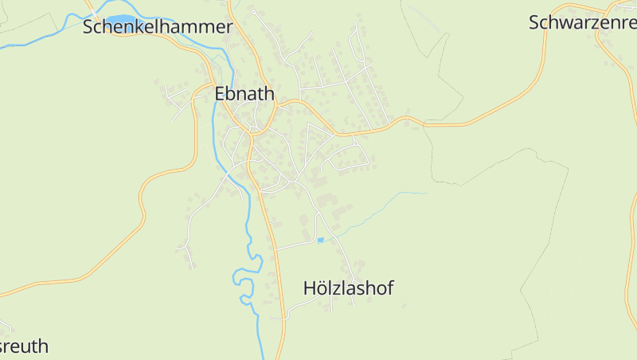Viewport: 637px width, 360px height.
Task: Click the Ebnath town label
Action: (x=244, y=94)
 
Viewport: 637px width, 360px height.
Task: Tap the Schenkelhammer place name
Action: (x=158, y=27)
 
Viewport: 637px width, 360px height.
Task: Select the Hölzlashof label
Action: (x=349, y=289)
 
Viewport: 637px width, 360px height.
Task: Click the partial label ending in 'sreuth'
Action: (x=25, y=346)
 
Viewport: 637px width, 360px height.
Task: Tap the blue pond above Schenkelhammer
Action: (x=121, y=19)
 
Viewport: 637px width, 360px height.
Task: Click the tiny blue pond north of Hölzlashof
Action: (x=321, y=240)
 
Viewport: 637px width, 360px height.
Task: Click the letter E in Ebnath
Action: (x=221, y=94)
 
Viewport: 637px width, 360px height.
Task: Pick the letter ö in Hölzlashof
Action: (x=321, y=289)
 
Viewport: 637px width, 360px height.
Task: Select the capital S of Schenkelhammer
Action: (x=89, y=27)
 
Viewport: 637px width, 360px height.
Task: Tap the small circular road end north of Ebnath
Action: (x=254, y=13)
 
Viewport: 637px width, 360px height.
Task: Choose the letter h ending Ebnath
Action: (x=269, y=94)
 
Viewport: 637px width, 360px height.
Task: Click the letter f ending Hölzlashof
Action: (x=389, y=288)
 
